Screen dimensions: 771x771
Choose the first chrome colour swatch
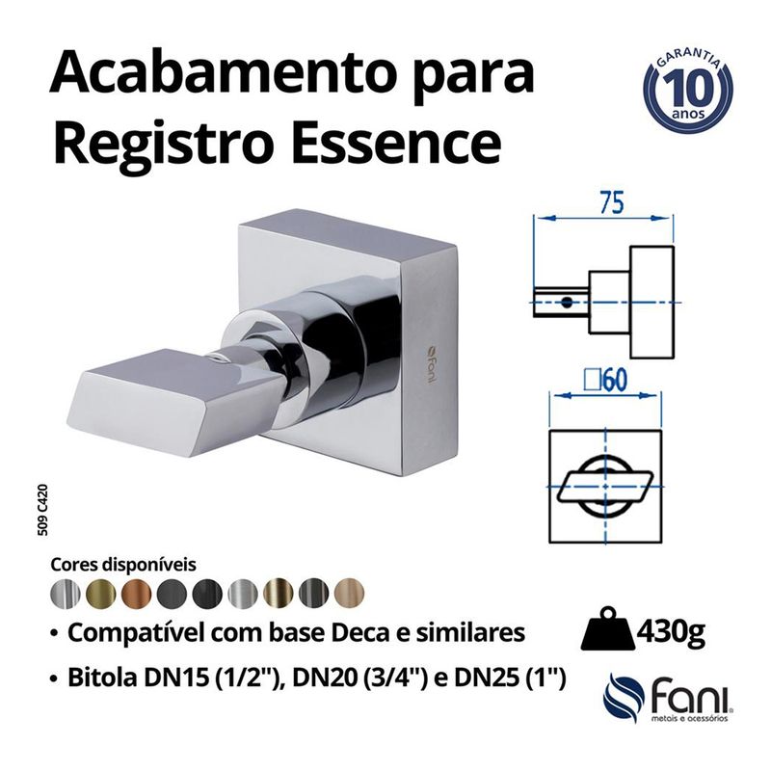[64, 592]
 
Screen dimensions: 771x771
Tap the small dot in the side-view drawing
[567, 302]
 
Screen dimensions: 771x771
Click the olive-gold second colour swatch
[99, 592]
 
